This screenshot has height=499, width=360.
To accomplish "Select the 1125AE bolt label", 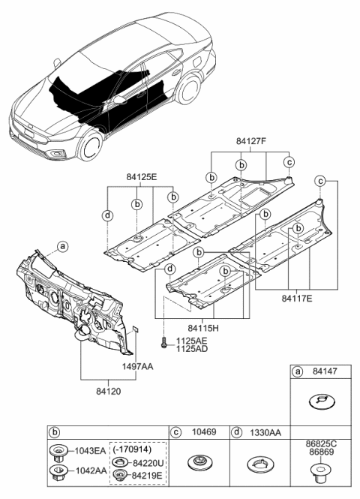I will [x=193, y=339].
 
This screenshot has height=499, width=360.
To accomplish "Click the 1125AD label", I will [x=193, y=349].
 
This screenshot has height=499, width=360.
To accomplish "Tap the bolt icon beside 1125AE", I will [x=164, y=344].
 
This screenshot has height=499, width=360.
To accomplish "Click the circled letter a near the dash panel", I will [x=62, y=246].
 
